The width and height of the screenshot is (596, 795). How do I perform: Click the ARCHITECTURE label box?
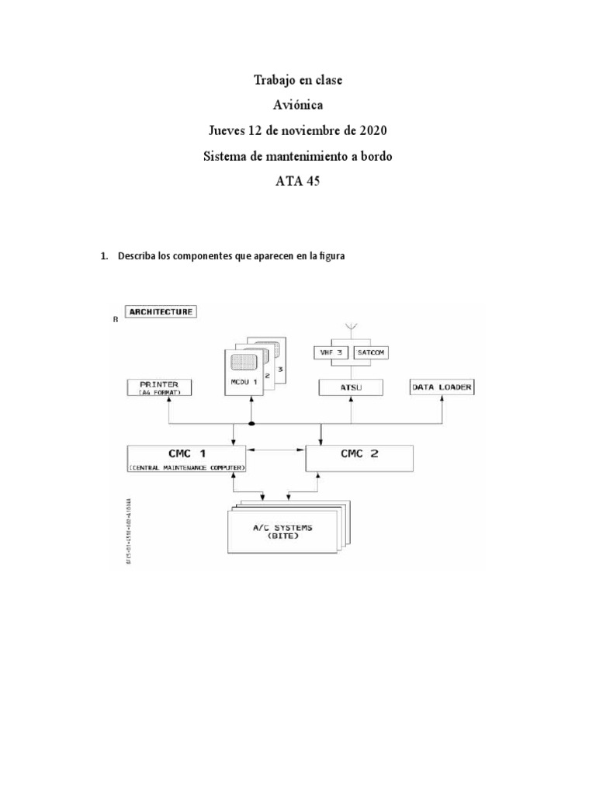pyautogui.click(x=163, y=312)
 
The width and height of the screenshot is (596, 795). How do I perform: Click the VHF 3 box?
pyautogui.click(x=332, y=352)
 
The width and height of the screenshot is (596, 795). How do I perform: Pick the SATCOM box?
pyautogui.click(x=371, y=352)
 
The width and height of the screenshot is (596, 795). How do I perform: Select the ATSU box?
pyautogui.click(x=351, y=386)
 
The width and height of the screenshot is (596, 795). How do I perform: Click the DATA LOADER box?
pyautogui.click(x=442, y=386)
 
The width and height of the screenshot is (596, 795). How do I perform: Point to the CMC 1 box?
pyautogui.click(x=185, y=457)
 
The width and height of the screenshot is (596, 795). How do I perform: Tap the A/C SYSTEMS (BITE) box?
pyautogui.click(x=283, y=533)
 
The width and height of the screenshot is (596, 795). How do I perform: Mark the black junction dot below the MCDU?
pyautogui.click(x=251, y=424)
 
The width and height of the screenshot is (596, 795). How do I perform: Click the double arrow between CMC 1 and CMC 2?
pyautogui.click(x=275, y=450)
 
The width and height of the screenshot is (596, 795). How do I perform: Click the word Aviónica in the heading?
pyautogui.click(x=298, y=106)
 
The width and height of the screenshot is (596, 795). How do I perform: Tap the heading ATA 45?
pyautogui.click(x=298, y=182)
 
